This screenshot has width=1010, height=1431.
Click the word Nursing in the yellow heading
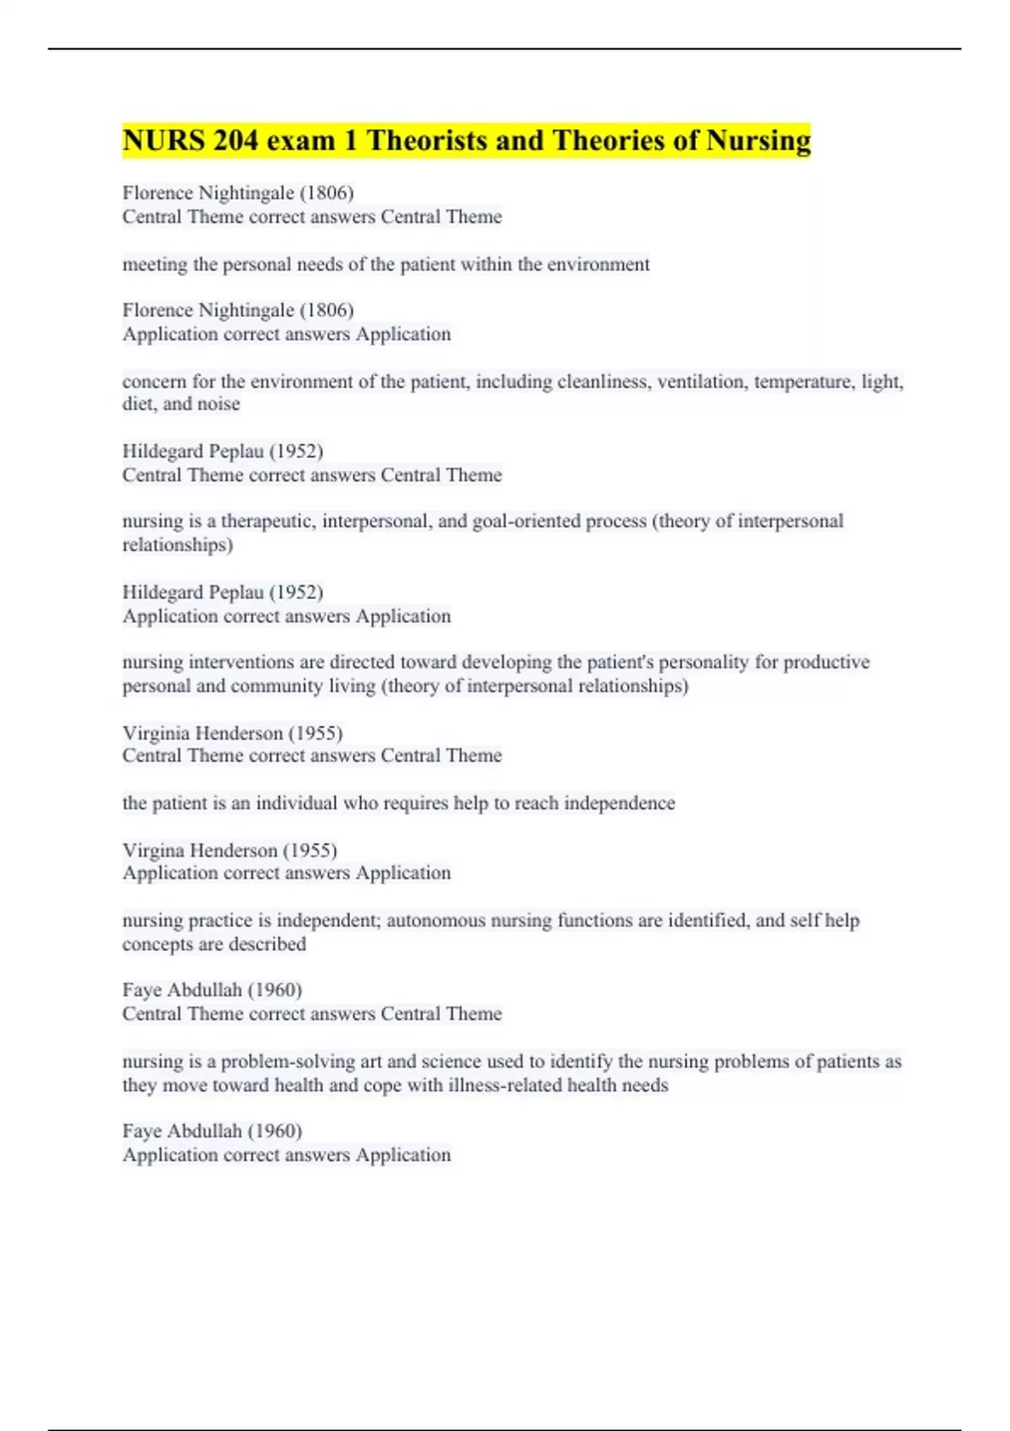[758, 141]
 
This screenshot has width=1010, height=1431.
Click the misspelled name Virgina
[153, 850]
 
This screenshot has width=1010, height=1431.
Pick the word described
[267, 944]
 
